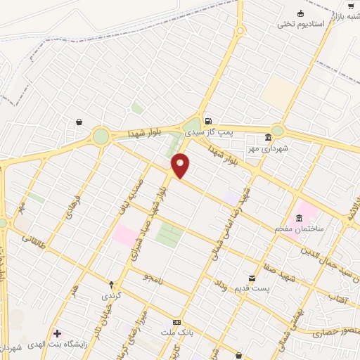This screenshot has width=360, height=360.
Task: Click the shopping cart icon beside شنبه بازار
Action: point(350,6)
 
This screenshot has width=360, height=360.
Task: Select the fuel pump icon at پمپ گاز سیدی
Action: point(208,121)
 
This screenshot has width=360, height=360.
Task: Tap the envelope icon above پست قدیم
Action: point(251,278)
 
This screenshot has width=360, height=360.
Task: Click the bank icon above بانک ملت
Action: point(176,321)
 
